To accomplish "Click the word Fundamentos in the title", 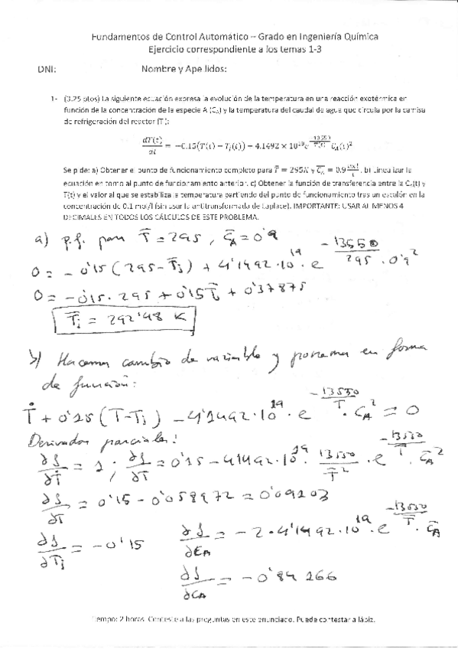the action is (114, 36).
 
